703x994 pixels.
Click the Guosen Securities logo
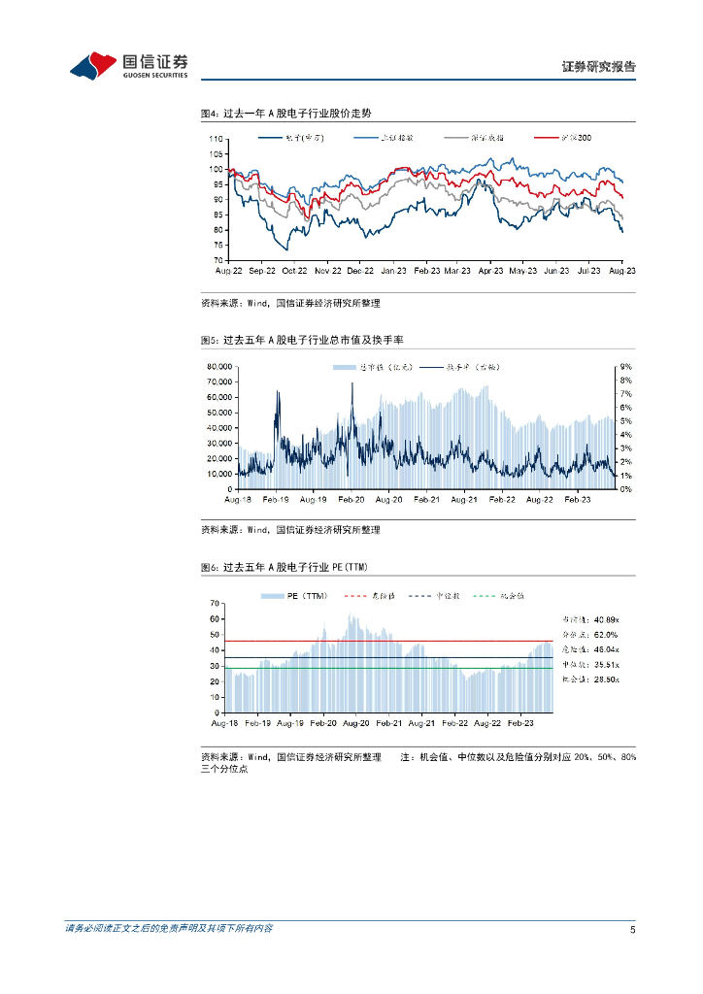coord(128,65)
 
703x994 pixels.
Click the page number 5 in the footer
coord(632,930)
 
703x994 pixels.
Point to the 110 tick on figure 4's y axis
coord(216,139)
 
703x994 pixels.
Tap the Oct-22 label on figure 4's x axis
coord(294,273)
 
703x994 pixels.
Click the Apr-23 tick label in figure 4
coord(491,273)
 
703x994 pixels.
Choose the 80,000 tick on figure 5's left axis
coord(217,366)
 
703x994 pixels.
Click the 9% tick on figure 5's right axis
coord(626,366)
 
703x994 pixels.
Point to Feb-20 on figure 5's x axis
coord(351,499)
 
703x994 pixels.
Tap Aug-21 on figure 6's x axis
coord(421,723)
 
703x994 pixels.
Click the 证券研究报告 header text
coord(599,67)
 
